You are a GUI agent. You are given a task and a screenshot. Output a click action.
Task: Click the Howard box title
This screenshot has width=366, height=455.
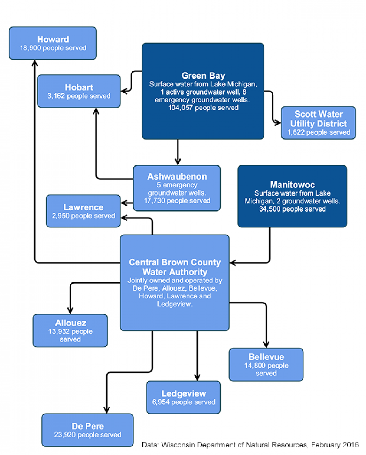click(x=53, y=39)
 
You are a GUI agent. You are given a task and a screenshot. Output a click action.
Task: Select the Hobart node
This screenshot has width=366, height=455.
click(x=79, y=91)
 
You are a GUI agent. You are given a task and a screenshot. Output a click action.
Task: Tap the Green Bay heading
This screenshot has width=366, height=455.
click(x=203, y=75)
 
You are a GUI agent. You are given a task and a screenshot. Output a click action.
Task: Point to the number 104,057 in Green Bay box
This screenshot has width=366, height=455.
click(x=181, y=108)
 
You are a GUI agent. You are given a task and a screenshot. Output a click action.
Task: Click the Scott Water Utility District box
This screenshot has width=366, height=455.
click(x=318, y=123)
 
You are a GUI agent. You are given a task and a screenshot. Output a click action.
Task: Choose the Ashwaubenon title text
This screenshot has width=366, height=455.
click(x=177, y=176)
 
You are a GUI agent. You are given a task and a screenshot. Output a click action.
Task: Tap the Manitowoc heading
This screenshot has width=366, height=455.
click(x=292, y=185)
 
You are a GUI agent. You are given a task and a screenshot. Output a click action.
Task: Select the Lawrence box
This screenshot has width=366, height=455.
click(x=83, y=211)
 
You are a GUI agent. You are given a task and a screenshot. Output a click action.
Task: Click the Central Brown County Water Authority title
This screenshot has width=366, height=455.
click(x=175, y=267)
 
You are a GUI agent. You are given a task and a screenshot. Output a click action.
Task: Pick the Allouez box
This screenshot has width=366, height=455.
click(x=70, y=331)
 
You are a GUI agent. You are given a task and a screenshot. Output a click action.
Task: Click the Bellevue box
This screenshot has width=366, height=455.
click(x=266, y=365)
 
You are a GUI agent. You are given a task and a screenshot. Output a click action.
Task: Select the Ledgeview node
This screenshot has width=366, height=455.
click(x=183, y=397)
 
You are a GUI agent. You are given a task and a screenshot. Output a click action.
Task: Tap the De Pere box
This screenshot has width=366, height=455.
click(x=88, y=430)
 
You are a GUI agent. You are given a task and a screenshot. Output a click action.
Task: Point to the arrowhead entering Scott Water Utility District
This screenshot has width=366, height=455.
click(x=278, y=122)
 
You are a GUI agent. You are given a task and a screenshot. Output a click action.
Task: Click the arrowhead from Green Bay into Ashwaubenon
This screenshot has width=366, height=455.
click(x=178, y=162)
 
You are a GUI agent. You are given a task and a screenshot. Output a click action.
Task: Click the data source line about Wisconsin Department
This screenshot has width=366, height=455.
click(x=250, y=445)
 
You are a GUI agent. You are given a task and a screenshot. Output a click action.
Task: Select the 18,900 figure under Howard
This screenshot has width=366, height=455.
click(x=30, y=48)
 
